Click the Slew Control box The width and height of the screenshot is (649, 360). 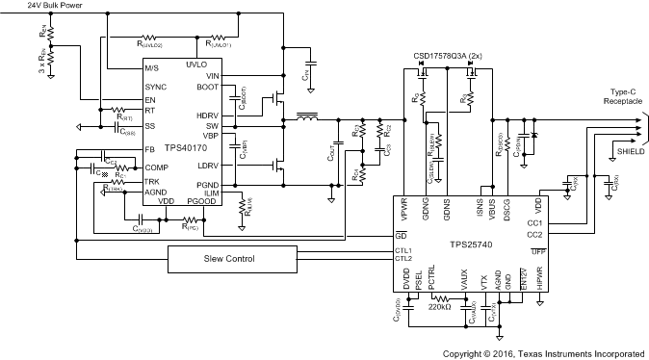(x=235, y=260)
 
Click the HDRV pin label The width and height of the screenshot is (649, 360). (x=211, y=115)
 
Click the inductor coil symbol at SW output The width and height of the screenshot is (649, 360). (x=307, y=120)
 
